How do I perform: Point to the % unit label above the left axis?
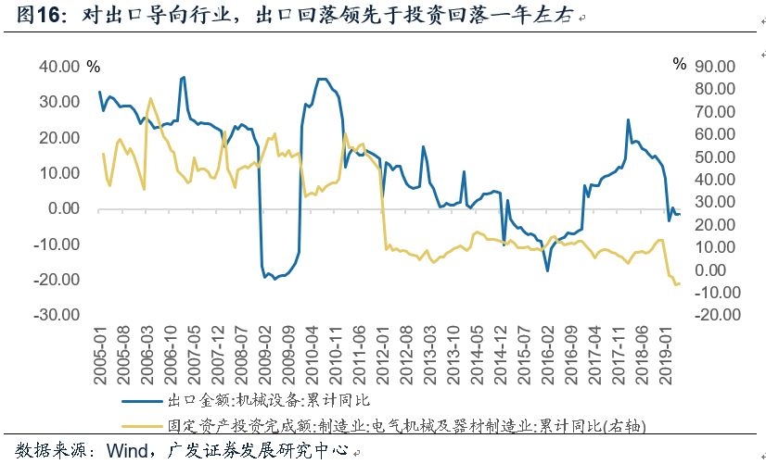click(x=93, y=66)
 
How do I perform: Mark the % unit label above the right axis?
click(x=680, y=65)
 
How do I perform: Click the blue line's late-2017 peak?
click(x=628, y=119)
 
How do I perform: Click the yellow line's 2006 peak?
click(x=150, y=98)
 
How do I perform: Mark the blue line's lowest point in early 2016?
click(x=548, y=270)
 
